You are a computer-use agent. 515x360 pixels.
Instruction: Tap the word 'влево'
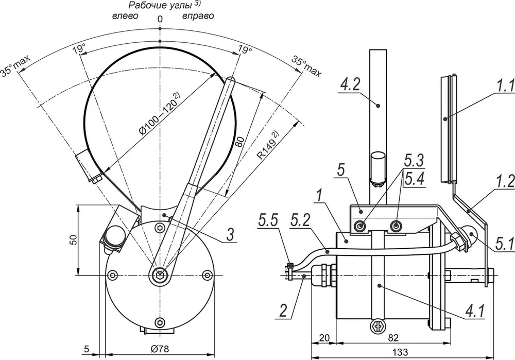[126, 16]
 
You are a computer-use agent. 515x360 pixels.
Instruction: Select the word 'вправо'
[198, 16]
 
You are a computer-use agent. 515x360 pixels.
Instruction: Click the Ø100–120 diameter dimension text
[160, 114]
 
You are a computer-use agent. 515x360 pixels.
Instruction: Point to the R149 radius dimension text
[268, 145]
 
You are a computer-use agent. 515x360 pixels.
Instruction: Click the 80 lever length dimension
[241, 142]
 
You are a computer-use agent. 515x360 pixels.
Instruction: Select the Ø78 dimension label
[160, 349]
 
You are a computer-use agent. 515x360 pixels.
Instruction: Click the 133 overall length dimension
[400, 352]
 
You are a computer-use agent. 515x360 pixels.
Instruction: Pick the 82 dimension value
[393, 338]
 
